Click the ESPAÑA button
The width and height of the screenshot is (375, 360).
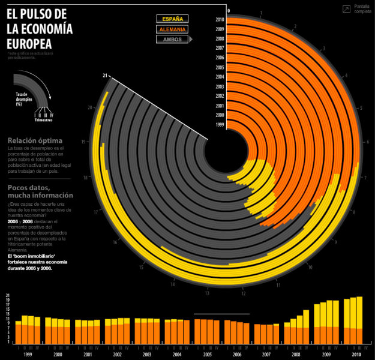pyautogui.click(x=172, y=19)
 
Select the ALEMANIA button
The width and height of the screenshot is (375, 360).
pyautogui.click(x=172, y=29)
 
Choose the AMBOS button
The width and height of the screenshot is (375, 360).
pyautogui.click(x=172, y=40)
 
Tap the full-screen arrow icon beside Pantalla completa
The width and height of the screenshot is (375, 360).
pyautogui.click(x=346, y=9)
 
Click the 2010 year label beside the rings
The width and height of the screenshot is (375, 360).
pyautogui.click(x=220, y=20)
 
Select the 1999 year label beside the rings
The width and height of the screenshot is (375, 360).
pyautogui.click(x=220, y=125)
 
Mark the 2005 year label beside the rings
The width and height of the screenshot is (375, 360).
pyautogui.click(x=220, y=67)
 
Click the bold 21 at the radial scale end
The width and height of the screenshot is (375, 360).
pyautogui.click(x=105, y=76)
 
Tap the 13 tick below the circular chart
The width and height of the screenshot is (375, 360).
pyautogui.click(x=206, y=293)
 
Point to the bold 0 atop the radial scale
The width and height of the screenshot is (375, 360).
pyautogui.click(x=228, y=10)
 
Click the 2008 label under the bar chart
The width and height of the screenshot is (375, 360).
pyautogui.click(x=298, y=354)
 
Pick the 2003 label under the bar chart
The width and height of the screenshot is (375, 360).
pyautogui.click(x=148, y=354)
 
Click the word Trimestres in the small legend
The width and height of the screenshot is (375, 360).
pyautogui.click(x=44, y=120)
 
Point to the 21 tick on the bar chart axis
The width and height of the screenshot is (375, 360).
pyautogui.click(x=8, y=296)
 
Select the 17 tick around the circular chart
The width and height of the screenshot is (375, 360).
pyautogui.click(x=95, y=212)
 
